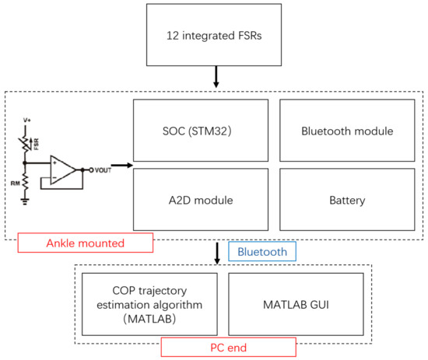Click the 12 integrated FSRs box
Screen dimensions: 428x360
(x=214, y=35)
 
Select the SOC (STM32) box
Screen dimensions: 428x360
(x=201, y=131)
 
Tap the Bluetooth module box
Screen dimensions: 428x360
(x=347, y=131)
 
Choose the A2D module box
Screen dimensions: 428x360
(x=201, y=199)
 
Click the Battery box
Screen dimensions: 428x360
(x=347, y=199)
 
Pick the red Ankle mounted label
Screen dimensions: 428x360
(x=86, y=243)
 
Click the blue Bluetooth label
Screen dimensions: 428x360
(x=262, y=251)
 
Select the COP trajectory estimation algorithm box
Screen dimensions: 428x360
(x=149, y=304)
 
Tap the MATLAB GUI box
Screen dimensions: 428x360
(x=296, y=304)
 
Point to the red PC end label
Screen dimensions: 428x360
(x=229, y=348)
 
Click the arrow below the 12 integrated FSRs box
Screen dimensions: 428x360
(x=216, y=77)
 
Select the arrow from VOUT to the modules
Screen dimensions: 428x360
(x=122, y=165)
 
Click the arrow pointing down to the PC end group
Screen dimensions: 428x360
(x=217, y=253)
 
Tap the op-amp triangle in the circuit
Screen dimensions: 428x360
(x=63, y=170)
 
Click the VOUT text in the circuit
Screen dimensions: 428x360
(x=103, y=170)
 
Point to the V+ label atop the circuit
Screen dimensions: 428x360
(x=27, y=120)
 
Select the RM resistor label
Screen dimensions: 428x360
(x=16, y=183)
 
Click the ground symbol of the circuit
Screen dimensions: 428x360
(x=25, y=201)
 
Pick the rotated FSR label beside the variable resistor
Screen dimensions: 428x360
(x=36, y=144)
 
